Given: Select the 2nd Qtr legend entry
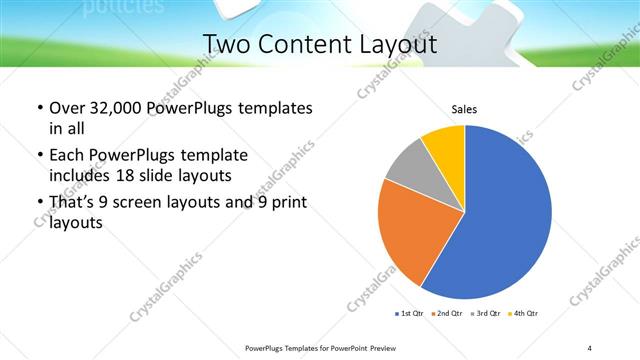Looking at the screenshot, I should click(x=445, y=314).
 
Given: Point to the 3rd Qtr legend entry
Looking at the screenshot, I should click(x=486, y=314).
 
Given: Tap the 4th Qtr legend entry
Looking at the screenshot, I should click(x=524, y=314).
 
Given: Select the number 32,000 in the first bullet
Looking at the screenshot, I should click(x=110, y=108).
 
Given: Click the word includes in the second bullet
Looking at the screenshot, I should click(x=81, y=174).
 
